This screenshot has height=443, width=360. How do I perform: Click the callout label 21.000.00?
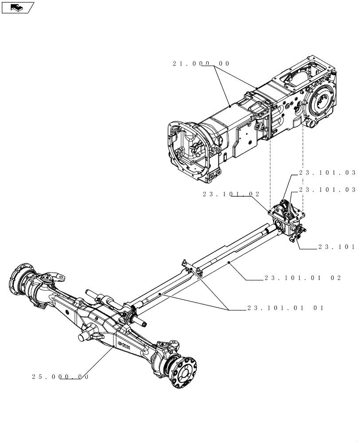click(x=201, y=64)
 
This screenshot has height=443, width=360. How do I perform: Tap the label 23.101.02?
click(x=231, y=194)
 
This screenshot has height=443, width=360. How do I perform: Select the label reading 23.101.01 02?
click(x=302, y=278)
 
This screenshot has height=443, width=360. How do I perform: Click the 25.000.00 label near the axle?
click(x=60, y=377)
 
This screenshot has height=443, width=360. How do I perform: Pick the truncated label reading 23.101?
click(x=337, y=248)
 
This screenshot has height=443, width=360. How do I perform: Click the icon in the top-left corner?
click(x=17, y=7)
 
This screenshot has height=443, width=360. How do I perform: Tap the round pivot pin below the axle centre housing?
click(x=84, y=337)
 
